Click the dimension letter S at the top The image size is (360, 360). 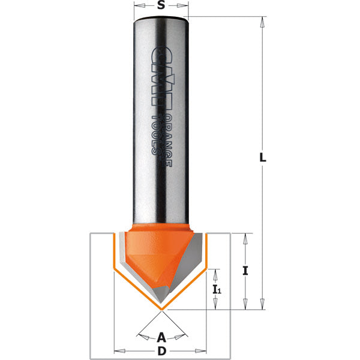(x=161, y=7)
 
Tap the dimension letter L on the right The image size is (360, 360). (x=262, y=158)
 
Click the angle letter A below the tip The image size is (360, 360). (x=161, y=336)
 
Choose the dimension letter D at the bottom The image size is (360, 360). (x=161, y=352)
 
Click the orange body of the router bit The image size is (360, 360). (x=159, y=252)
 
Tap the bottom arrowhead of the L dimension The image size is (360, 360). (x=262, y=305)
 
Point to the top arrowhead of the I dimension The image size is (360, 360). (x=244, y=238)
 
